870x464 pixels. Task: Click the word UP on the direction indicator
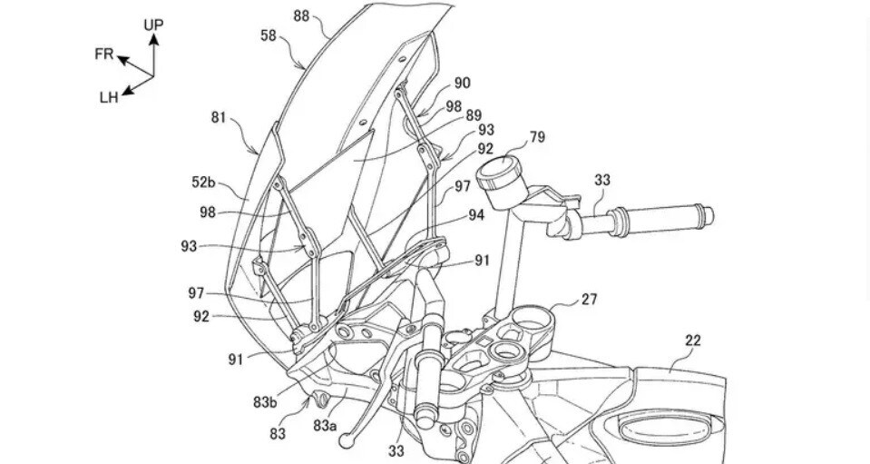pyautogui.click(x=153, y=25)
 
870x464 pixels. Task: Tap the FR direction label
pyautogui.click(x=104, y=54)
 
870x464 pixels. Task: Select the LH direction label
pyautogui.click(x=109, y=97)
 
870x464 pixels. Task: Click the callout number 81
pyautogui.click(x=219, y=117)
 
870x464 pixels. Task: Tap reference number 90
pyautogui.click(x=462, y=83)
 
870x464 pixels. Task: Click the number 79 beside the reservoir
pyautogui.click(x=537, y=138)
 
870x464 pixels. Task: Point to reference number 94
pyautogui.click(x=476, y=215)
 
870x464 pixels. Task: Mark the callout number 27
pyautogui.click(x=590, y=299)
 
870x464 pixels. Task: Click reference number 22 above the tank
pyautogui.click(x=693, y=341)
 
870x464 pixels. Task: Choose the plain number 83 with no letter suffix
pyautogui.click(x=279, y=434)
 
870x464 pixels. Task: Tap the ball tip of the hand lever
pyautogui.click(x=346, y=440)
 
